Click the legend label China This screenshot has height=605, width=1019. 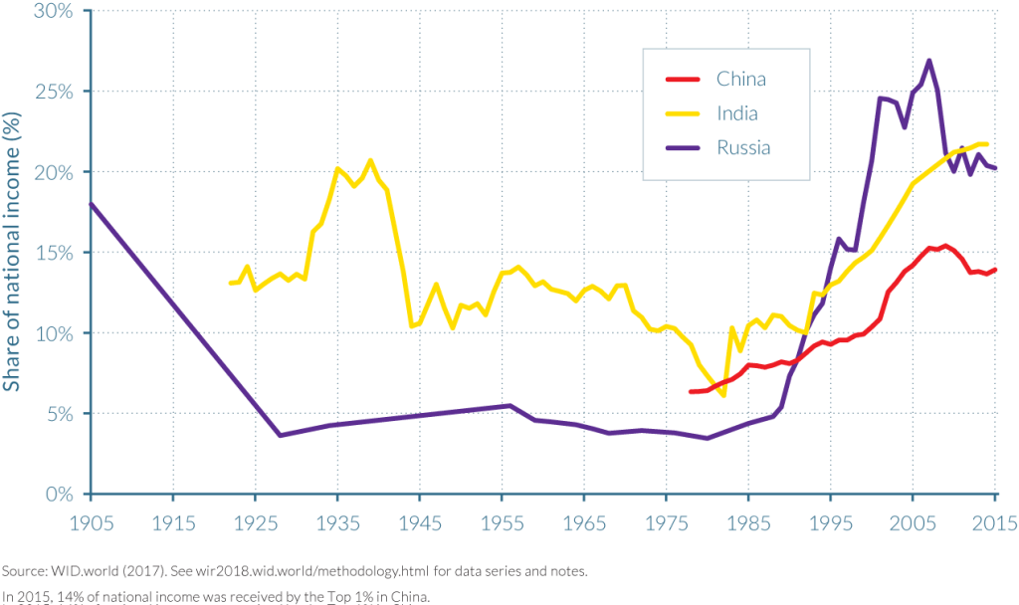pyautogui.click(x=741, y=80)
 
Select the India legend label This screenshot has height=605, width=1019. pyautogui.click(x=737, y=113)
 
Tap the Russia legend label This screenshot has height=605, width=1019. pyautogui.click(x=743, y=148)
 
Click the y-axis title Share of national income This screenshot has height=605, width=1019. pyautogui.click(x=14, y=253)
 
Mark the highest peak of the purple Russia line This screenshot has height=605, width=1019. pyautogui.click(x=928, y=61)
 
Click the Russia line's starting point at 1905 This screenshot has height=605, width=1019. pyautogui.click(x=91, y=204)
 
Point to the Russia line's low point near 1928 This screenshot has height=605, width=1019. pyautogui.click(x=280, y=435)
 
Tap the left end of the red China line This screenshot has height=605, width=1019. pyautogui.click(x=690, y=391)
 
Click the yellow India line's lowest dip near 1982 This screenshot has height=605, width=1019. pyautogui.click(x=723, y=395)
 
